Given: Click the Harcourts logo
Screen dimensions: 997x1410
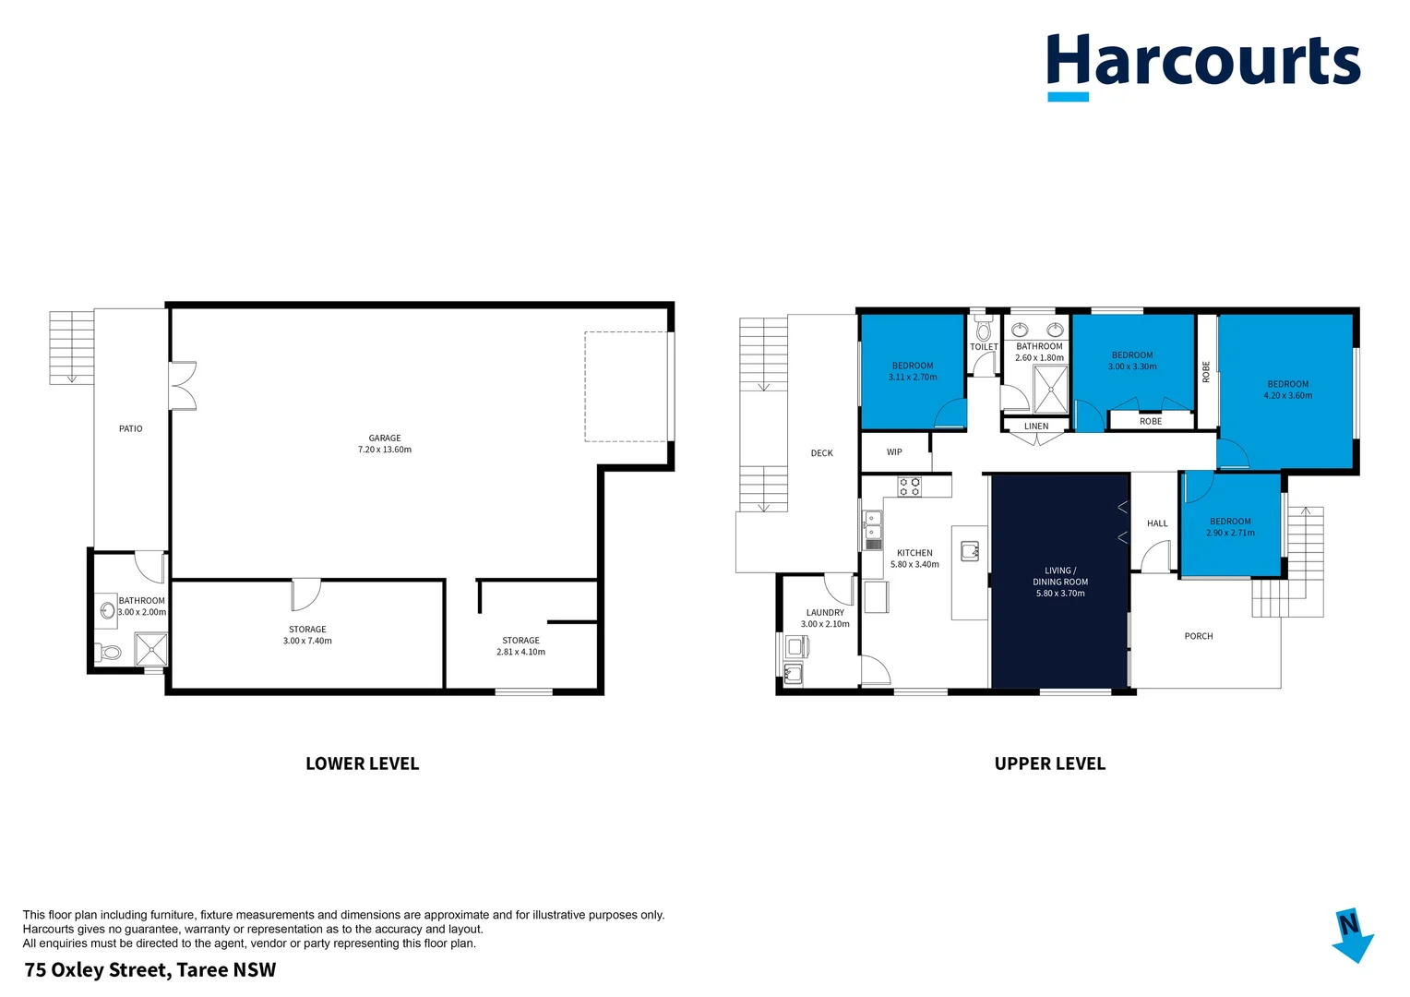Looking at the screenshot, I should click(1202, 65).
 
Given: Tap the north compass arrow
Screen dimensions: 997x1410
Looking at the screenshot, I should click(1353, 935).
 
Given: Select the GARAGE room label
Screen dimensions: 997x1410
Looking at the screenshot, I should click(385, 438).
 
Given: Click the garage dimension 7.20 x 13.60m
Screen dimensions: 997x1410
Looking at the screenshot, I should click(385, 450).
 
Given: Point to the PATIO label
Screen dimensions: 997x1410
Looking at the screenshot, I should click(131, 429).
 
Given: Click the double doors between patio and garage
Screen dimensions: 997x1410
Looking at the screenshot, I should click(183, 386).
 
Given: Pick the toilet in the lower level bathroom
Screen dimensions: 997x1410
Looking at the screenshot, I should click(109, 653).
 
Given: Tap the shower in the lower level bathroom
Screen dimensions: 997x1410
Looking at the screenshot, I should click(151, 648).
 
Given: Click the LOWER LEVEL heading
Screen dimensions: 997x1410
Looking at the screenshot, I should click(362, 764).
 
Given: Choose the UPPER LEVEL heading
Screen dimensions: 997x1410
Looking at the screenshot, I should click(1049, 764).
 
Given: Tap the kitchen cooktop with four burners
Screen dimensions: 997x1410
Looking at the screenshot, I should click(910, 486).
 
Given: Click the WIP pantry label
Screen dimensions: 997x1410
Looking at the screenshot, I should click(894, 452).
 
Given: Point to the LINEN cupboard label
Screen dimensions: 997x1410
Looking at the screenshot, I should click(1036, 426).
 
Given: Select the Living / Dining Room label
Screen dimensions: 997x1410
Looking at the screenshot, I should click(1060, 582).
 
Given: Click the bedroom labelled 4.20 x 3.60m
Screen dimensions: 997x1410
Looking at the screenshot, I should click(1287, 390).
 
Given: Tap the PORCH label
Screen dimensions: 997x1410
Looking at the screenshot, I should click(1199, 637).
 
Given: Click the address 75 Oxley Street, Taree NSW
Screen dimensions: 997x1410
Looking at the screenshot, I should click(150, 970).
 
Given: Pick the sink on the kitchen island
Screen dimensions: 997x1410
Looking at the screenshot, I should click(970, 552).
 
